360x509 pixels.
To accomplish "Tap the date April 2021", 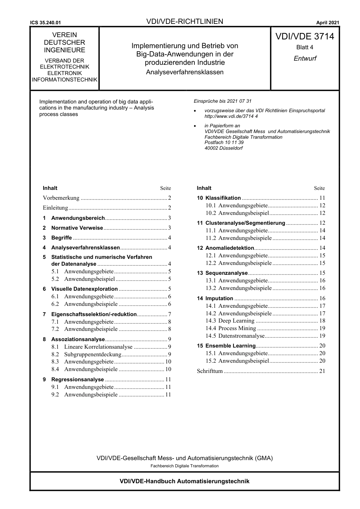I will (327, 23).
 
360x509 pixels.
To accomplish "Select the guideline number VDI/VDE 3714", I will (305, 36).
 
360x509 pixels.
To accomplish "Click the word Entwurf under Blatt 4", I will (305, 58).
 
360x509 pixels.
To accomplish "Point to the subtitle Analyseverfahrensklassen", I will (185, 72).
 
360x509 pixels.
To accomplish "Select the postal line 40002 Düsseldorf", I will (223, 148).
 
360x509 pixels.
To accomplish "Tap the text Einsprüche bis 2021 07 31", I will (222, 101).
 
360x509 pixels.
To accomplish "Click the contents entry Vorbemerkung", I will (61, 198).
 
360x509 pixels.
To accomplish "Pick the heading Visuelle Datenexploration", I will (84, 289).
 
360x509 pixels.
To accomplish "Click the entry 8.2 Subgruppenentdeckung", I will (92, 354).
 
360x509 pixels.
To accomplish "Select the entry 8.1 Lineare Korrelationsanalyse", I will (98, 347).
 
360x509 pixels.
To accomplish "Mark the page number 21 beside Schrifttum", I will (322, 371).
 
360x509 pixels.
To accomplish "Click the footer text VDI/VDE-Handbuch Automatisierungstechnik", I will (185, 481).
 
